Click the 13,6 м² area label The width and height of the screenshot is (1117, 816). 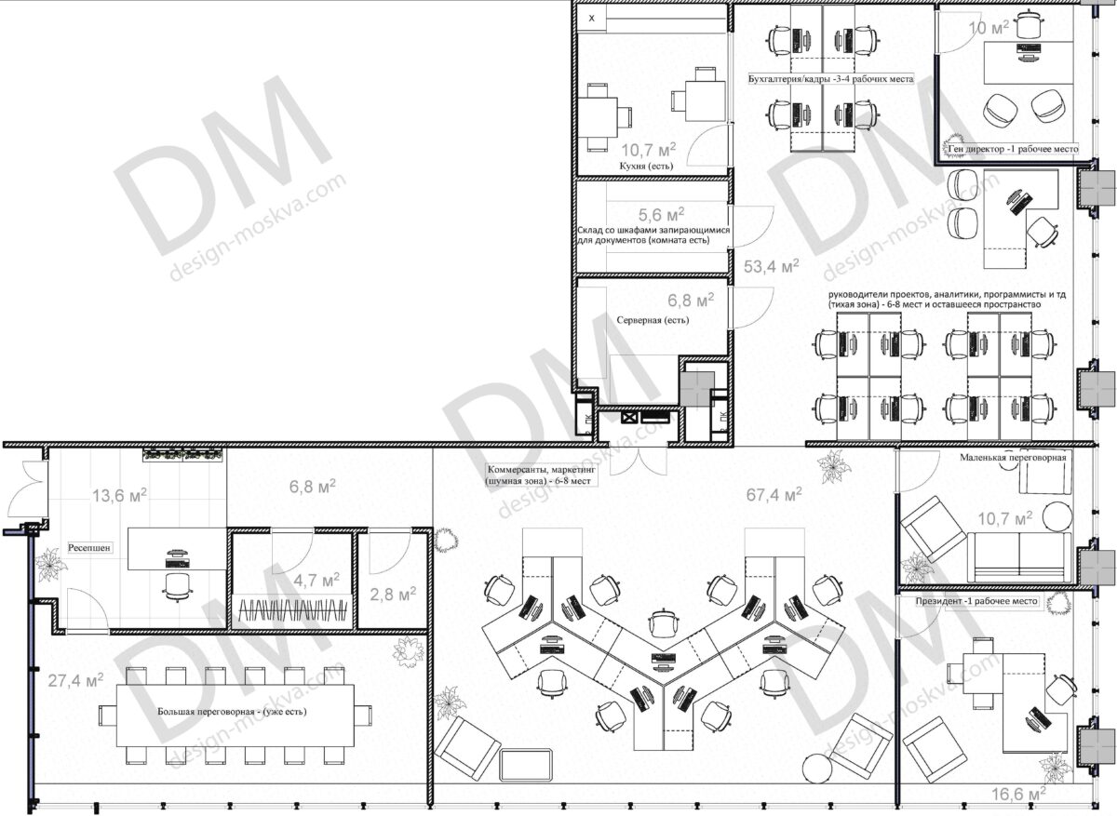coord(120,495)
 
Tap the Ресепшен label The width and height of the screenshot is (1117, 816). coord(88,547)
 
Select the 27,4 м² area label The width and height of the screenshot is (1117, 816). coord(75,679)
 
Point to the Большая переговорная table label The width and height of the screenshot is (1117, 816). coord(233,711)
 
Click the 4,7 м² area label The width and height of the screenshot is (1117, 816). coord(316,581)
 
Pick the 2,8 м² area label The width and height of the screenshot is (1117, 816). coord(393,594)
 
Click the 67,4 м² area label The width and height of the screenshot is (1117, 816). coord(774,494)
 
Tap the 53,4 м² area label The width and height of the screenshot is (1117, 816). coord(772,266)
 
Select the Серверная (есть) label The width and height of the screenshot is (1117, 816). coord(653,320)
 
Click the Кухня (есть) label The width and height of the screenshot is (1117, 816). coord(646,166)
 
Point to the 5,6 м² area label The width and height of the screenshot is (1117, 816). coord(661,214)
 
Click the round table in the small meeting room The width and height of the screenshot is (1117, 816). coord(1057,516)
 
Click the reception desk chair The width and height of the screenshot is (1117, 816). coord(177,587)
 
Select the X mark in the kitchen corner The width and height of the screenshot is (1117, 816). coord(592,19)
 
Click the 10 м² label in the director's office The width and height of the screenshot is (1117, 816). coord(989,27)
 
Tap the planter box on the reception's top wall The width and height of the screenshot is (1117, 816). coord(182,455)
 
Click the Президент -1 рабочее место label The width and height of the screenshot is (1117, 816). coord(976,601)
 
